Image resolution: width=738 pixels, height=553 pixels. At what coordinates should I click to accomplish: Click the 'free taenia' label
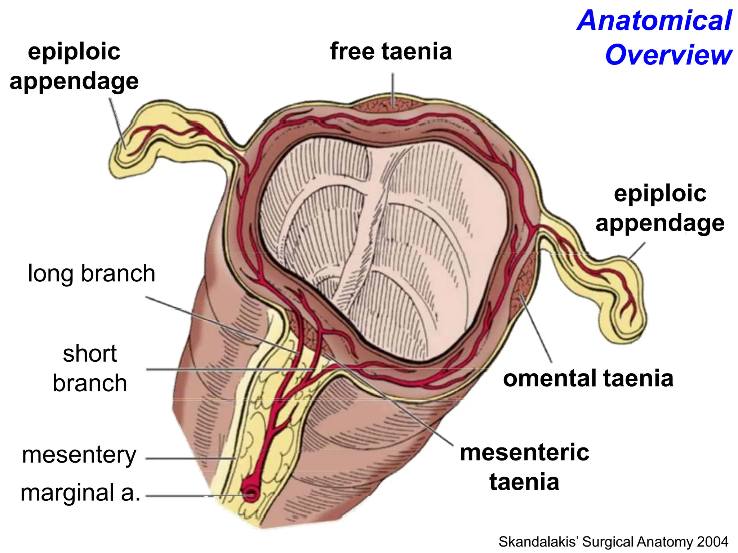(391, 51)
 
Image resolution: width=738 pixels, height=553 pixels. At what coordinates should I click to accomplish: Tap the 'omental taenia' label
(588, 378)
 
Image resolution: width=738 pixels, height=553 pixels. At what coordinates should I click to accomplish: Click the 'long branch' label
(92, 273)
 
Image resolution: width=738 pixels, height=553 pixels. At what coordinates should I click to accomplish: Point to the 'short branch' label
(90, 368)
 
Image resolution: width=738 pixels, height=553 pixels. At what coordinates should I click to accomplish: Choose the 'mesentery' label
(79, 455)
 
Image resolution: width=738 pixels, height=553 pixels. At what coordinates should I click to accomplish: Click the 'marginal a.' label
(80, 492)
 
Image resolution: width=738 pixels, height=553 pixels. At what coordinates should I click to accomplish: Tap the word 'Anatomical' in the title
(654, 21)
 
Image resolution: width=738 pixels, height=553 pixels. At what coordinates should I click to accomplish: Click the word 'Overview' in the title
(669, 55)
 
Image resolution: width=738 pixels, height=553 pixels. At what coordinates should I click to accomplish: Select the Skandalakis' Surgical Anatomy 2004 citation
(613, 541)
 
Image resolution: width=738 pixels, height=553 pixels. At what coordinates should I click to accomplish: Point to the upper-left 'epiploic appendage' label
(74, 66)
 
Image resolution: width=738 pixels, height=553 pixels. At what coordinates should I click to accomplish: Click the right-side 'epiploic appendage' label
(660, 208)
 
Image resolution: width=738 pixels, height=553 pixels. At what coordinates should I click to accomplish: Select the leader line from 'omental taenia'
(536, 329)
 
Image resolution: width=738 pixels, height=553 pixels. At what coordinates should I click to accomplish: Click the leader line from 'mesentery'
(191, 459)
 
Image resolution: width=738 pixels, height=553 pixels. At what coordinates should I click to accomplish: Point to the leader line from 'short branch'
(230, 370)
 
